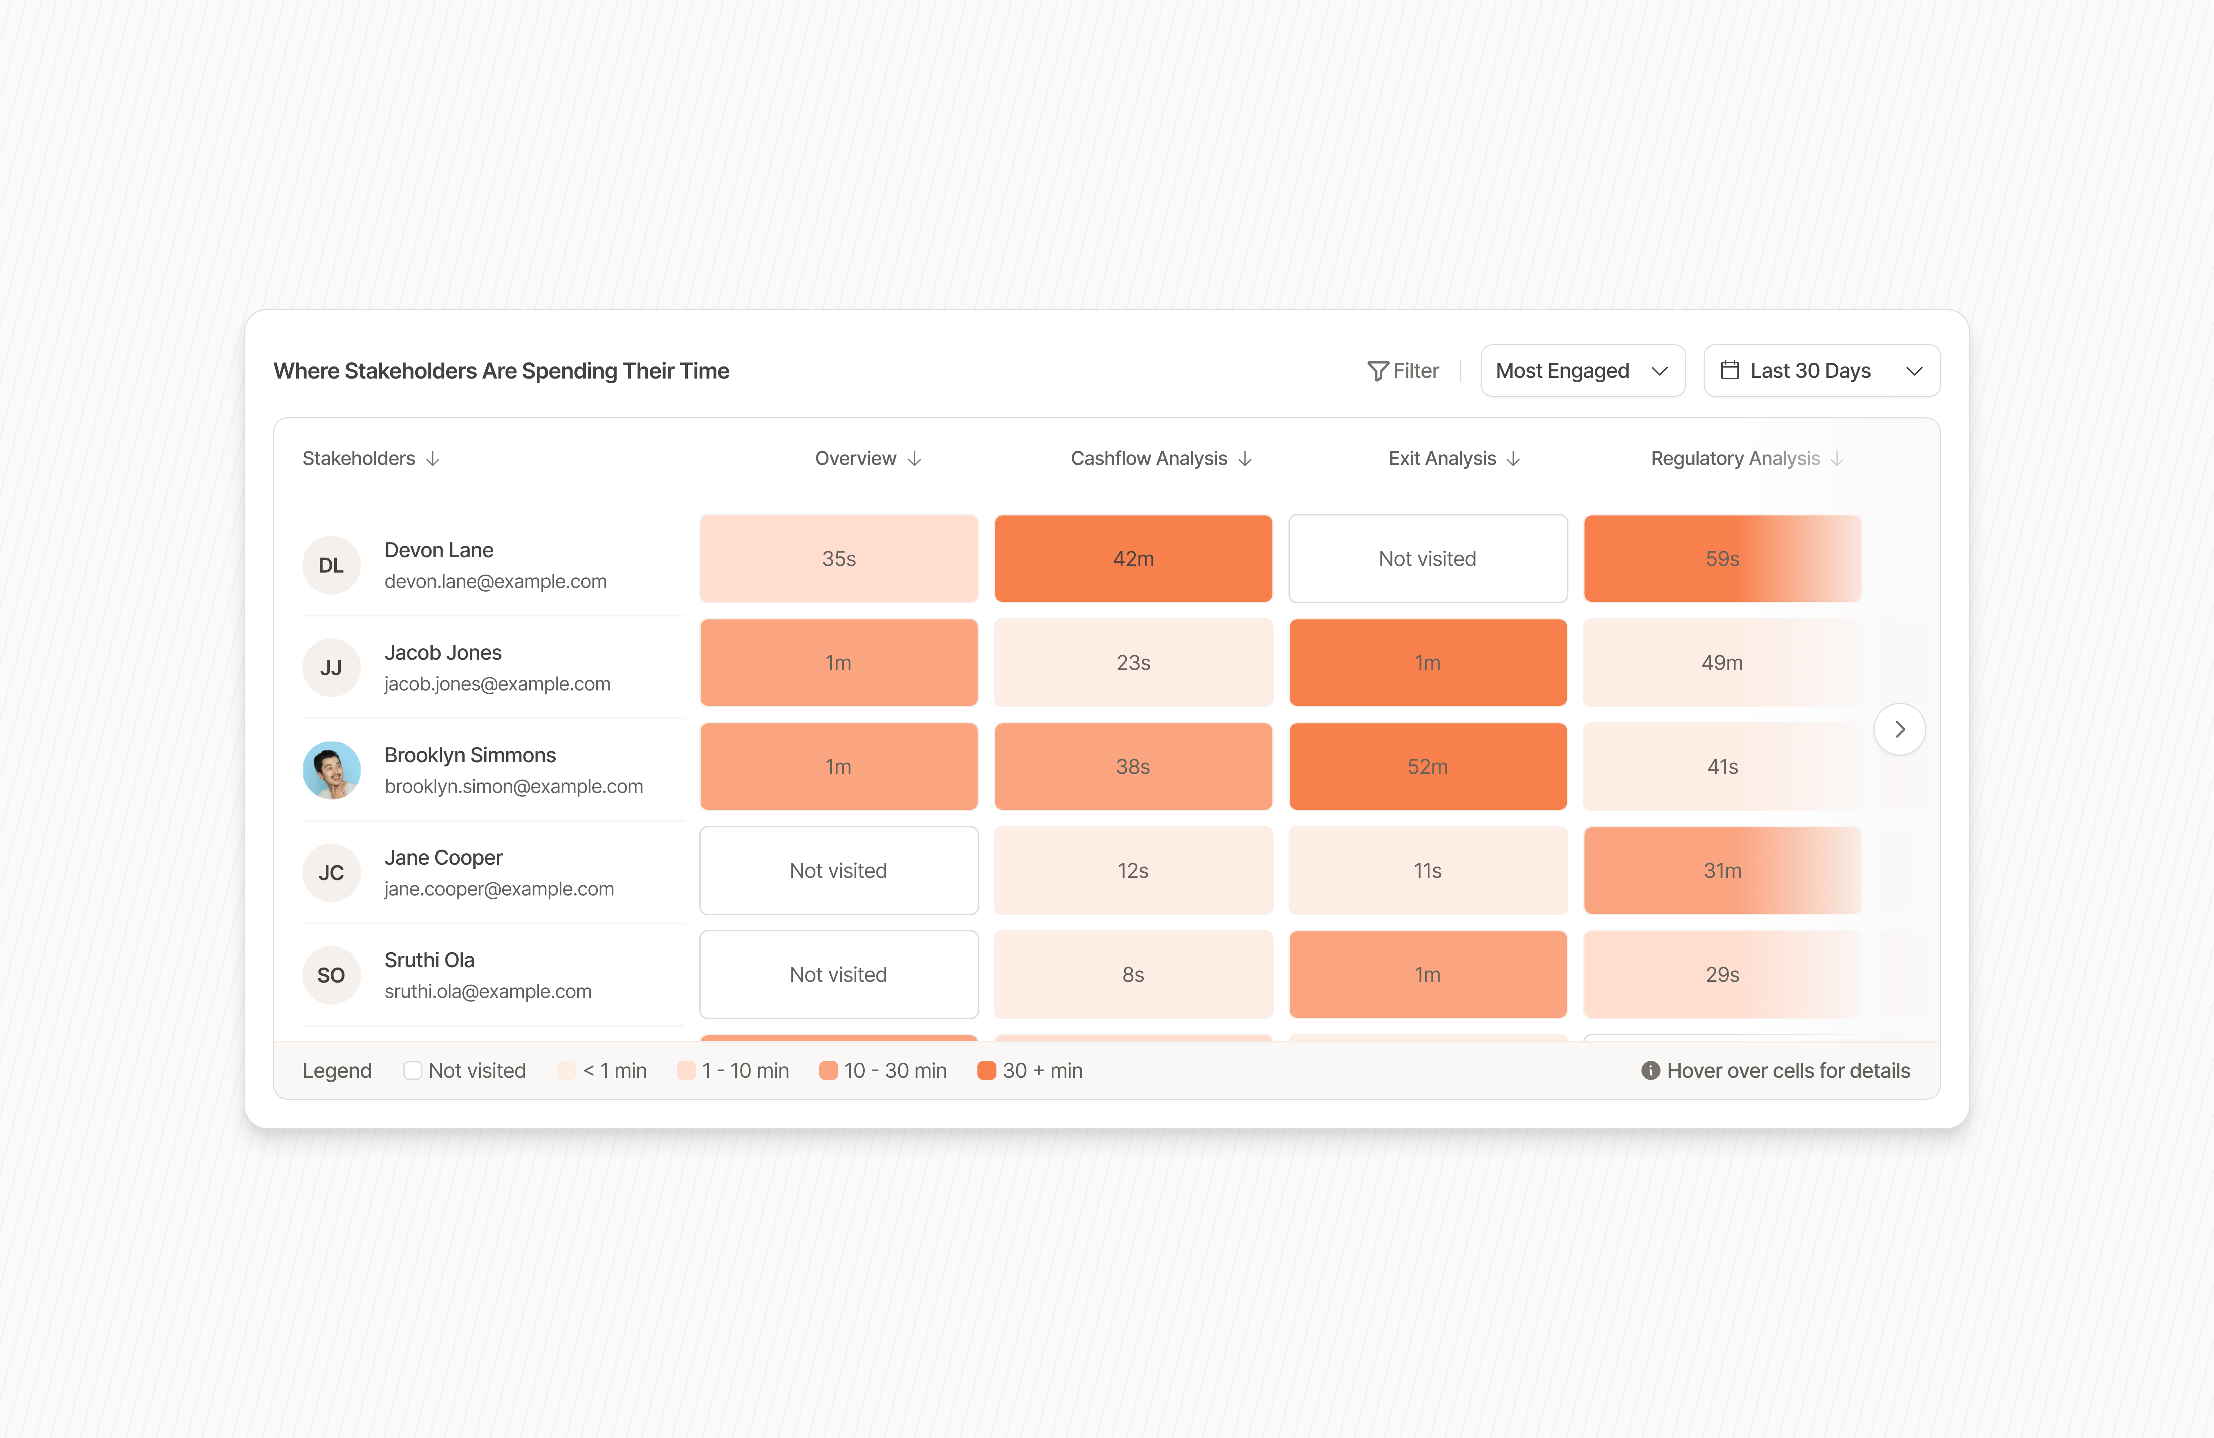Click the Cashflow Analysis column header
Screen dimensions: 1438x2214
pos(1149,459)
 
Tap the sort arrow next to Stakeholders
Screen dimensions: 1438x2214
pos(433,459)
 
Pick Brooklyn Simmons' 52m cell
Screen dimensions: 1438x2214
pos(1427,767)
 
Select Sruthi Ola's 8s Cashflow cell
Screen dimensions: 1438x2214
pos(1133,975)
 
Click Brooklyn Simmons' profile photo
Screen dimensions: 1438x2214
pos(331,770)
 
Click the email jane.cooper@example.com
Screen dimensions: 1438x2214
pos(499,889)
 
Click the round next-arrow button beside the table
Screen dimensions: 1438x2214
pos(1899,729)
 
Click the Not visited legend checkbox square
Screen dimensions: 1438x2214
pos(412,1070)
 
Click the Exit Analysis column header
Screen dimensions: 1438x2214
pos(1442,459)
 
